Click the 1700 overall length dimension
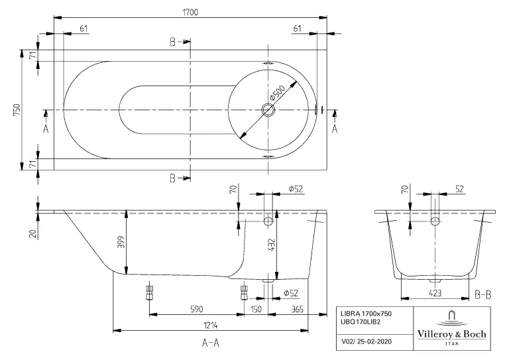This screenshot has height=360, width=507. coord(191,11)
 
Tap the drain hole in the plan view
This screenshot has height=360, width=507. coord(268,110)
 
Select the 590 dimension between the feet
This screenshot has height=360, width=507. coord(196,308)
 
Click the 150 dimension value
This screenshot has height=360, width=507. coord(256,308)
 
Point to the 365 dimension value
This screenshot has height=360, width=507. coord(297,308)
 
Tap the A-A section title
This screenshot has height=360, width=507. coord(211,343)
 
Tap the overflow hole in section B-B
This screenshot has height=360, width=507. coord(435,221)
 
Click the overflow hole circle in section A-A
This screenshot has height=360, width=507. coord(268,221)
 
